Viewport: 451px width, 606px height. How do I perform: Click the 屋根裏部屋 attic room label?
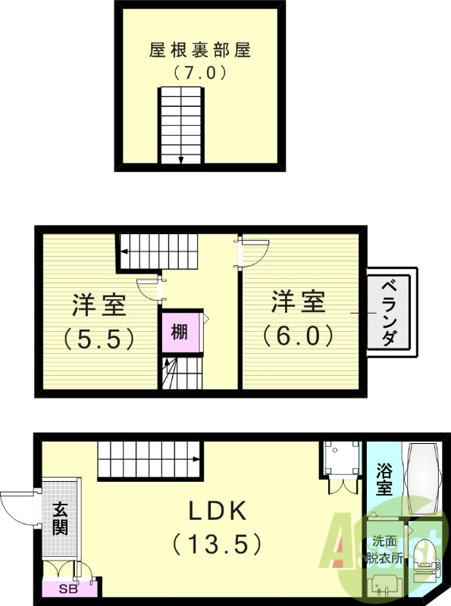200,52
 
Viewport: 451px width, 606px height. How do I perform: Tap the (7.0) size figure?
200,74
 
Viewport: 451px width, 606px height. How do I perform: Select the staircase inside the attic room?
182,125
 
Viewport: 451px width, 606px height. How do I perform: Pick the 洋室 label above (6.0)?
299,301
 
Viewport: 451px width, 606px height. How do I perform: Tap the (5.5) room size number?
99,337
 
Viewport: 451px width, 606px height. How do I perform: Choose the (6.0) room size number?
299,334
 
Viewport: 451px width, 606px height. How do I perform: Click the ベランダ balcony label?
389,312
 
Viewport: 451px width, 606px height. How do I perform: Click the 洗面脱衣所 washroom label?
384,550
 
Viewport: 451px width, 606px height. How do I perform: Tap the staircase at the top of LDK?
149,460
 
